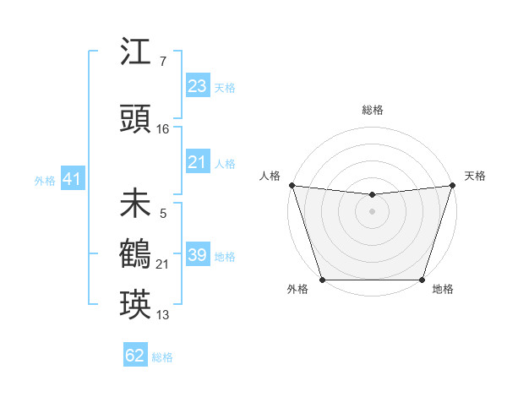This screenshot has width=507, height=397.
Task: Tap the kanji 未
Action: [136, 204]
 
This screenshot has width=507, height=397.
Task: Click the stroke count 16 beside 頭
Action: [163, 128]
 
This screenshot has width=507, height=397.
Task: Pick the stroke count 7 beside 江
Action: [162, 62]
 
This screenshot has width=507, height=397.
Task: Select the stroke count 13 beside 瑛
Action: [163, 315]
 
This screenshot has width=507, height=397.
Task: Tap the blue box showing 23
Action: [197, 86]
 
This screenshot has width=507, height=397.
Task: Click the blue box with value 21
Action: [197, 162]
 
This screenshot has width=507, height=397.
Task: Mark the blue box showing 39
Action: [197, 255]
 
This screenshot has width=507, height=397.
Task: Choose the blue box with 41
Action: [72, 179]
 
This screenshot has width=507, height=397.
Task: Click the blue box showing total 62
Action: [134, 356]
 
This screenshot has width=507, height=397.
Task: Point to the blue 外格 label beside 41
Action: [45, 181]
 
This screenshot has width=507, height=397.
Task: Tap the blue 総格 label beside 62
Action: [162, 357]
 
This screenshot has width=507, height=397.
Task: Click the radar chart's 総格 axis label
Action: [372, 110]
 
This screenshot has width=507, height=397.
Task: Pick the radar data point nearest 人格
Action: [292, 185]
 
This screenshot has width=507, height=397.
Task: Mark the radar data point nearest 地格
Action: [422, 280]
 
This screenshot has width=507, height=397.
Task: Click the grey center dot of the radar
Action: [372, 211]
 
